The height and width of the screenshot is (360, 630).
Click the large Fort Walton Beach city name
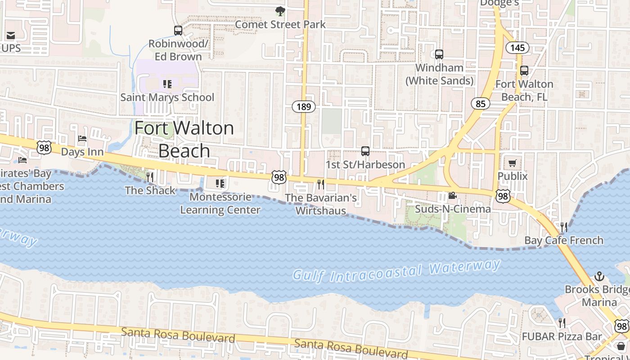pyautogui.click(x=184, y=139)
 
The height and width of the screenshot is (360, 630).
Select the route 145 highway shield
pyautogui.click(x=517, y=47)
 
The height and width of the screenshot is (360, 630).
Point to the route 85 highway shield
pyautogui.click(x=481, y=104)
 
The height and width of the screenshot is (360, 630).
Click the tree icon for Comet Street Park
pyautogui.click(x=280, y=11)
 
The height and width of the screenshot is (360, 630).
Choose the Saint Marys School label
pyautogui.click(x=167, y=97)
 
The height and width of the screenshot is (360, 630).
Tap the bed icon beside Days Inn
pyautogui.click(x=82, y=139)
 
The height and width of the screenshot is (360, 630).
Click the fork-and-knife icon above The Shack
pyautogui.click(x=150, y=177)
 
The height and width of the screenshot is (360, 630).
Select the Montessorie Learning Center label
pyautogui.click(x=220, y=203)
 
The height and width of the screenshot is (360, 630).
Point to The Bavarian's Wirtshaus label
pyautogui.click(x=321, y=204)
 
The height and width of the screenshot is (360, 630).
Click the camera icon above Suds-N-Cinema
pyautogui.click(x=452, y=196)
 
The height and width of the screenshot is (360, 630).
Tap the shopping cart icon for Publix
pyautogui.click(x=513, y=163)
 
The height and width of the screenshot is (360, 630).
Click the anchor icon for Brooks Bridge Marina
pyautogui.click(x=599, y=276)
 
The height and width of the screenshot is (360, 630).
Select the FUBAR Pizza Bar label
pyautogui.click(x=562, y=336)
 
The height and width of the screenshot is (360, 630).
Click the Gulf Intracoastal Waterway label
pyautogui.click(x=396, y=271)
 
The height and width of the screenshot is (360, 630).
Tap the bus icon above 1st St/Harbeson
pyautogui.click(x=365, y=151)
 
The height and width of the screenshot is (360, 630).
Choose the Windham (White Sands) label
pyautogui.click(x=440, y=74)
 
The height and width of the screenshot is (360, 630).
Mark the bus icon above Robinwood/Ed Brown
pyautogui.click(x=178, y=31)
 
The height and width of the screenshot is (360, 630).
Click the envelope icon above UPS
pyautogui.click(x=11, y=35)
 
